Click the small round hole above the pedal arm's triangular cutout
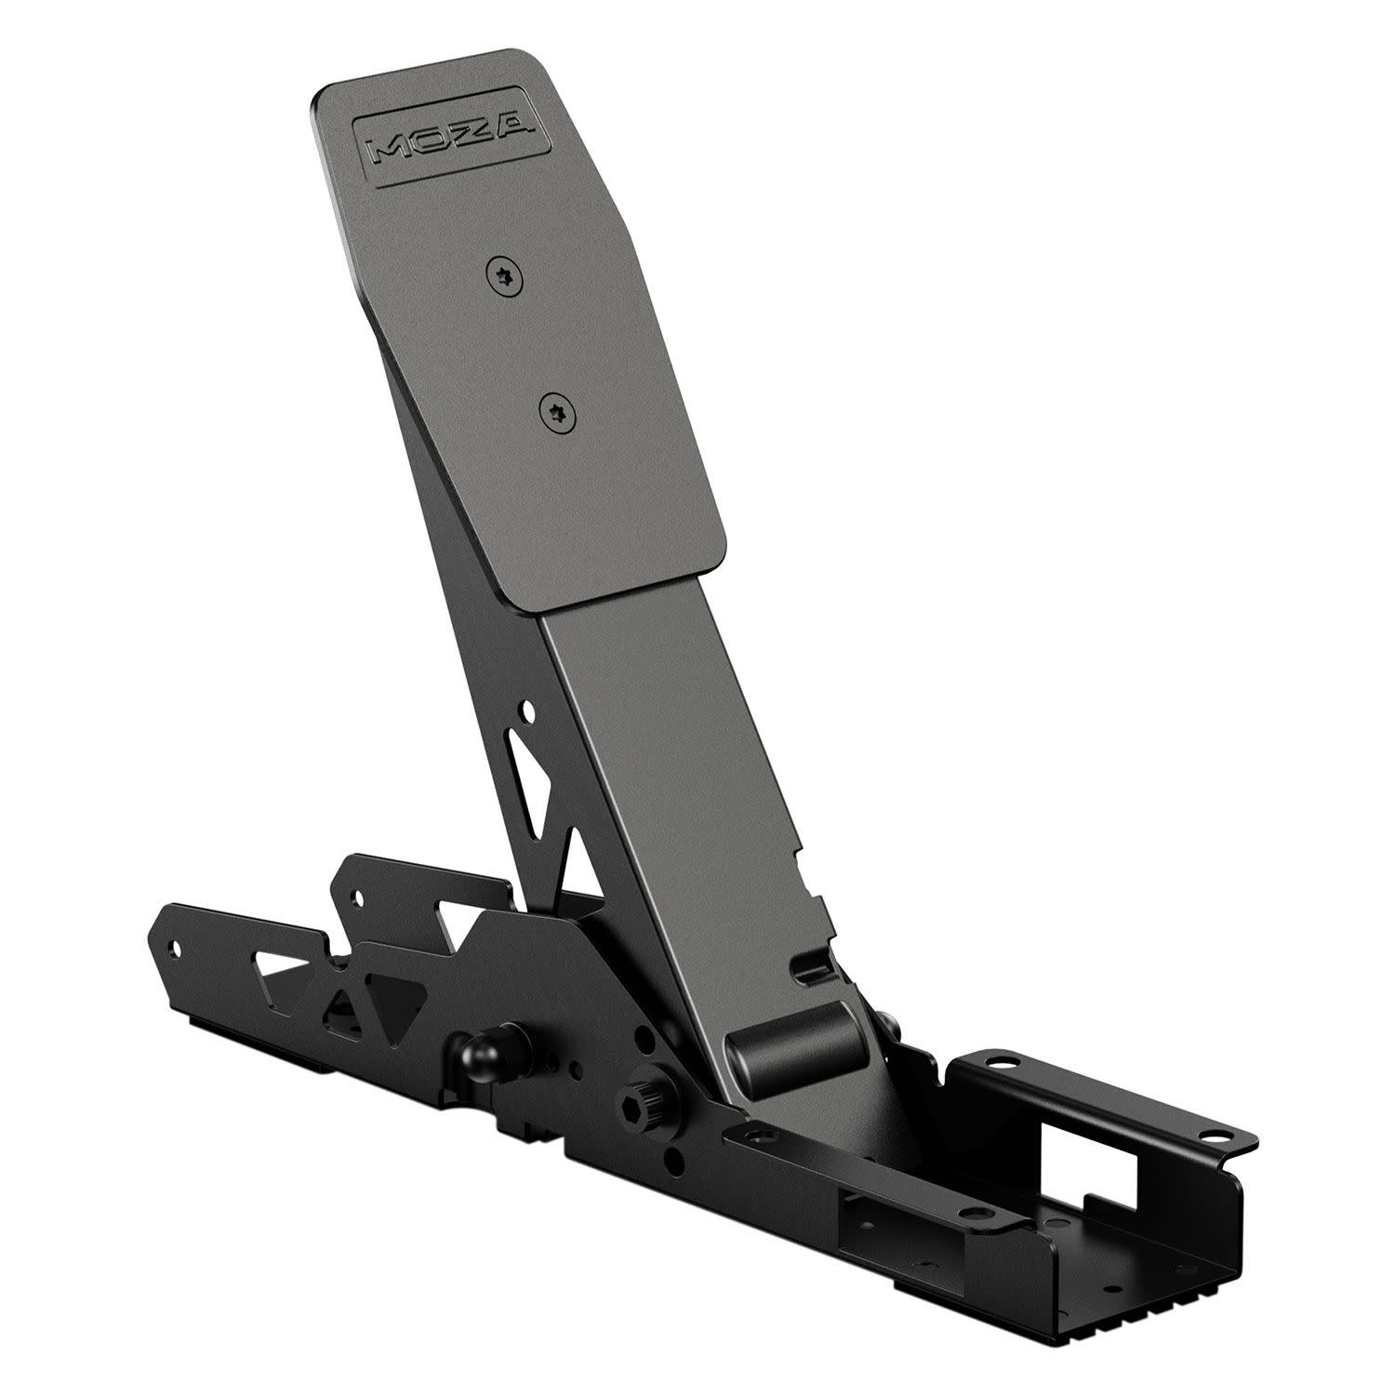(528, 713)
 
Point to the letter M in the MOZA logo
(389, 150)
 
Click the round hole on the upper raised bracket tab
(354, 896)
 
